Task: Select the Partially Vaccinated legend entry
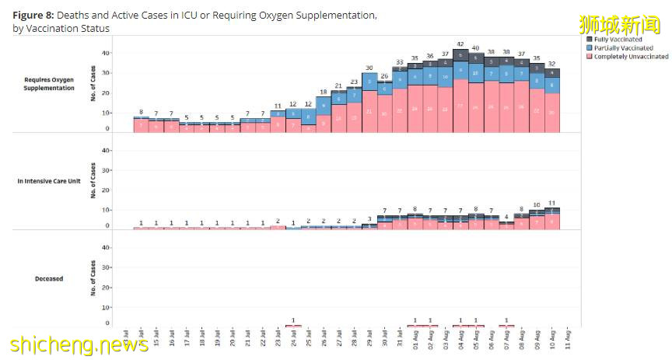click(625, 48)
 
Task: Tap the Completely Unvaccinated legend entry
click(631, 57)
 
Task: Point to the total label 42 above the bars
click(460, 44)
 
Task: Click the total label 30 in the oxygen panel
click(369, 68)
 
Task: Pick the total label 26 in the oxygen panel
click(384, 75)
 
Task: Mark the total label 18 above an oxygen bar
click(324, 91)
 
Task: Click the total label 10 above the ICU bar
click(537, 204)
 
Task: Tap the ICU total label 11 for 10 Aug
click(552, 202)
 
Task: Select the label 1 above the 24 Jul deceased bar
click(293, 320)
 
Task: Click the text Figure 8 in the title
click(36, 16)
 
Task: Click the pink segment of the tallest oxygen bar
click(460, 106)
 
